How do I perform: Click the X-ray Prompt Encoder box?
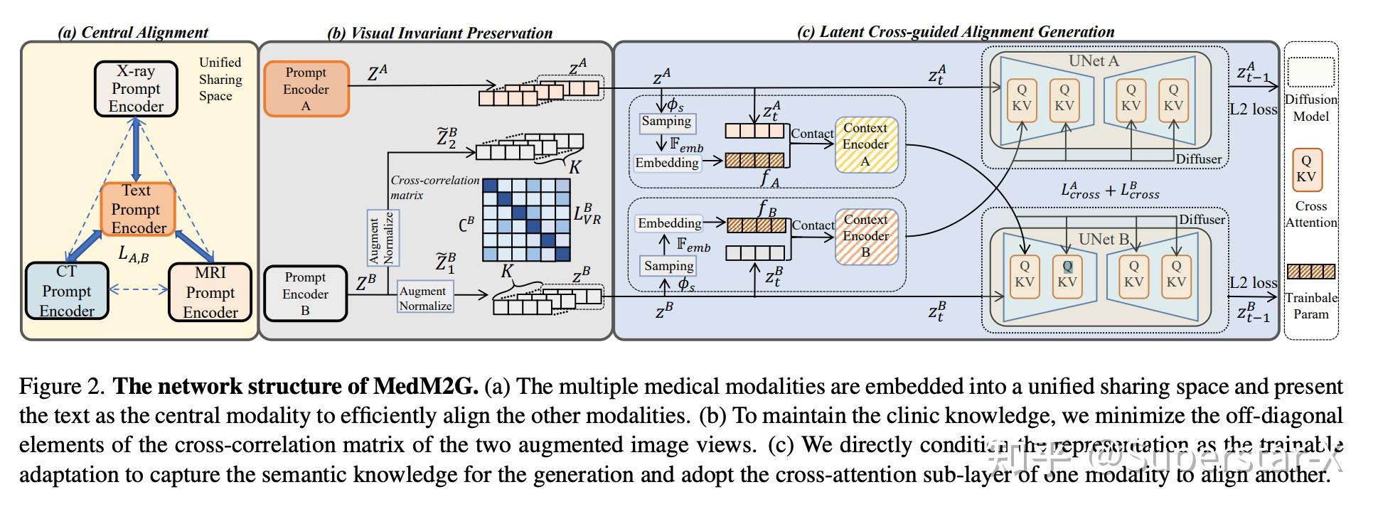(135, 89)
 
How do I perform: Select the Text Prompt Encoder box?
(137, 209)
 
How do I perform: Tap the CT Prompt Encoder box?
(66, 291)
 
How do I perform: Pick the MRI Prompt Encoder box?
(210, 292)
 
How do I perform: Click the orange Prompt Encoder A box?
(306, 89)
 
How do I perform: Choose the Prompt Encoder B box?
(305, 294)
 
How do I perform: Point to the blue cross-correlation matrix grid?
(526, 220)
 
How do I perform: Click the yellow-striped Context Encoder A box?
(865, 144)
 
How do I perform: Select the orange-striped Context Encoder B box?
(865, 236)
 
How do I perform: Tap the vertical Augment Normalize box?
(382, 237)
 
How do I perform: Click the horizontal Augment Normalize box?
(425, 298)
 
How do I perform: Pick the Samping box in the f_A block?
(666, 122)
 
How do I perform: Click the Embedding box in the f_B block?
(669, 223)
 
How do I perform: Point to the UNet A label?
(1094, 61)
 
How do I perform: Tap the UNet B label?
(1103, 239)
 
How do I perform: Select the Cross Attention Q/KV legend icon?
(1305, 169)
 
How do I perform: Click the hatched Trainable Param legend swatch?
(1310, 272)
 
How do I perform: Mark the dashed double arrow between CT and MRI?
(138, 289)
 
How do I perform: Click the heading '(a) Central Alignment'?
(133, 32)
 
